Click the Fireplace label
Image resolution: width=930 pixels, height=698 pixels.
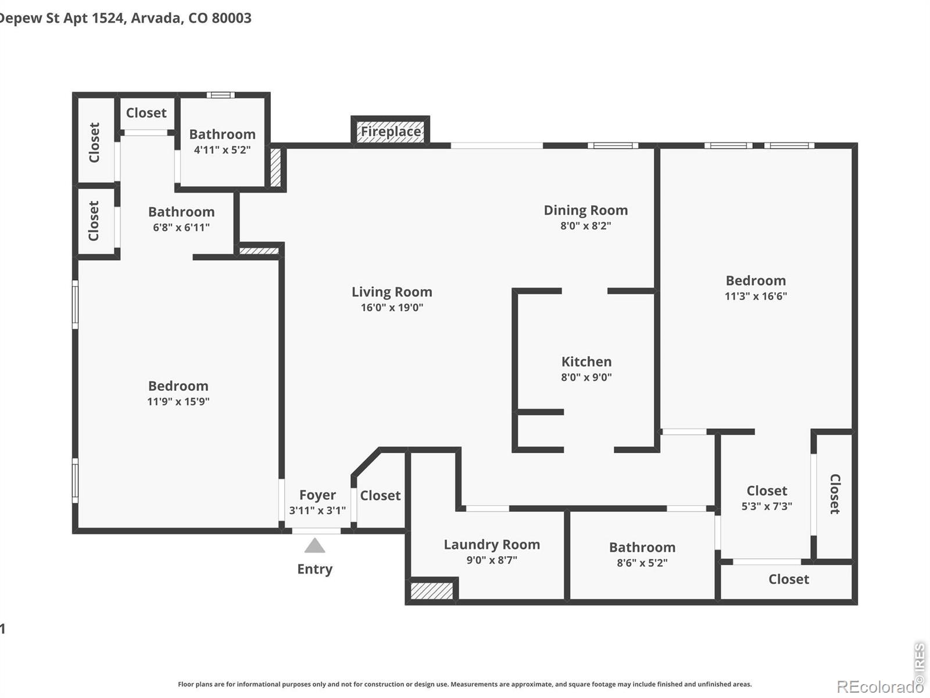coord(391,131)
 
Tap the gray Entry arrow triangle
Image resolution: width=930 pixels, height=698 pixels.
coord(314,546)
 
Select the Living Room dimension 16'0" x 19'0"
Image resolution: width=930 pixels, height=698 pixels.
coord(392,307)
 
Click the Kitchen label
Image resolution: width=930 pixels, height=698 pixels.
coord(586,361)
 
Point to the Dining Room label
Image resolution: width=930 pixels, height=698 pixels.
coord(585,210)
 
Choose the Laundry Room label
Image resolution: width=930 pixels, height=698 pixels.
coord(492,544)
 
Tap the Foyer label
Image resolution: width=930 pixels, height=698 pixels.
coord(317,495)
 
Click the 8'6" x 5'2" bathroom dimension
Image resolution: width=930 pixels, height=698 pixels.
coord(642,563)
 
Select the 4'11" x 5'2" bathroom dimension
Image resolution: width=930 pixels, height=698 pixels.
coord(222,149)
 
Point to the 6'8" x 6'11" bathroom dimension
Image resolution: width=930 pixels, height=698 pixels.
coord(181,227)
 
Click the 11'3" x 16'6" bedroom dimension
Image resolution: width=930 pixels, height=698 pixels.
coord(756,296)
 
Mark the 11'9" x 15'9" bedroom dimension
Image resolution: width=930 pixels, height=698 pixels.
coord(178,401)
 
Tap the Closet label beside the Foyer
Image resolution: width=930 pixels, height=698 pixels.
coord(380,496)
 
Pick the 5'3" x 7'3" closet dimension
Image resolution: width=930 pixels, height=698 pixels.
coord(767,506)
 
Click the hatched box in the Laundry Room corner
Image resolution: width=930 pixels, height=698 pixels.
coord(432,591)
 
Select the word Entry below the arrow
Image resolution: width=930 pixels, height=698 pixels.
coord(315,569)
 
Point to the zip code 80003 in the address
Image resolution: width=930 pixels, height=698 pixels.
coord(231,18)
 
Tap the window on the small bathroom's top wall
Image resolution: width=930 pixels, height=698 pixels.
coord(220,95)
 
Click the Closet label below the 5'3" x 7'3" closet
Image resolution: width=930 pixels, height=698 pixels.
coord(789,579)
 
